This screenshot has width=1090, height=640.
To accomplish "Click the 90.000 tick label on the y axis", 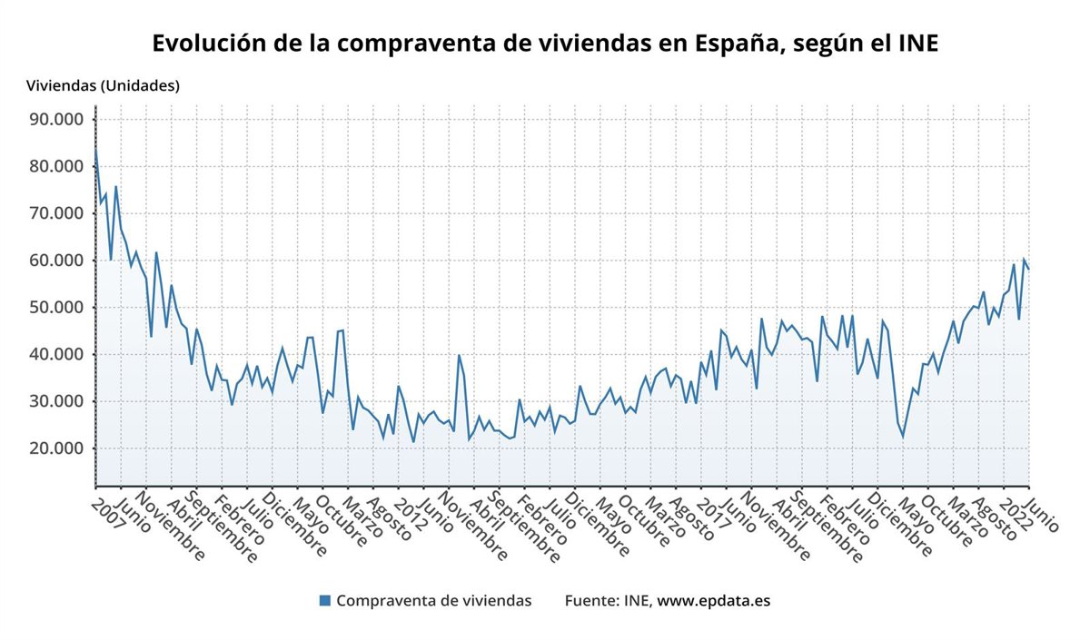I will click(x=55, y=119).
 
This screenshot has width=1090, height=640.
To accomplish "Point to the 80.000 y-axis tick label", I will click(x=55, y=166).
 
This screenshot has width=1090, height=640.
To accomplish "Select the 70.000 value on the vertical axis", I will click(x=55, y=213).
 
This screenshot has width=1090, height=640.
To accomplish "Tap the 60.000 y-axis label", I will click(x=55, y=261).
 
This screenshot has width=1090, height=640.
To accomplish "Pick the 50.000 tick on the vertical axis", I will click(x=55, y=308).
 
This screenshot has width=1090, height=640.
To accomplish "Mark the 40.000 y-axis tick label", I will click(x=55, y=354).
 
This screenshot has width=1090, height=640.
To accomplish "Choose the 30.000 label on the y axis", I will click(x=55, y=401).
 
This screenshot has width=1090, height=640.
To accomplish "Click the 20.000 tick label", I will click(x=55, y=448).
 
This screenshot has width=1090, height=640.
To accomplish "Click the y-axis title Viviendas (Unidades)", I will click(x=103, y=86).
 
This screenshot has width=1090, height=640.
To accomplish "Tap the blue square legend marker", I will click(x=325, y=600).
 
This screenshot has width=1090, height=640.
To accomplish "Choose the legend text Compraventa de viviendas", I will click(x=433, y=600).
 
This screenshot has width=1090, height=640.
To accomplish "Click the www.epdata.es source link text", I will click(x=713, y=600).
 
